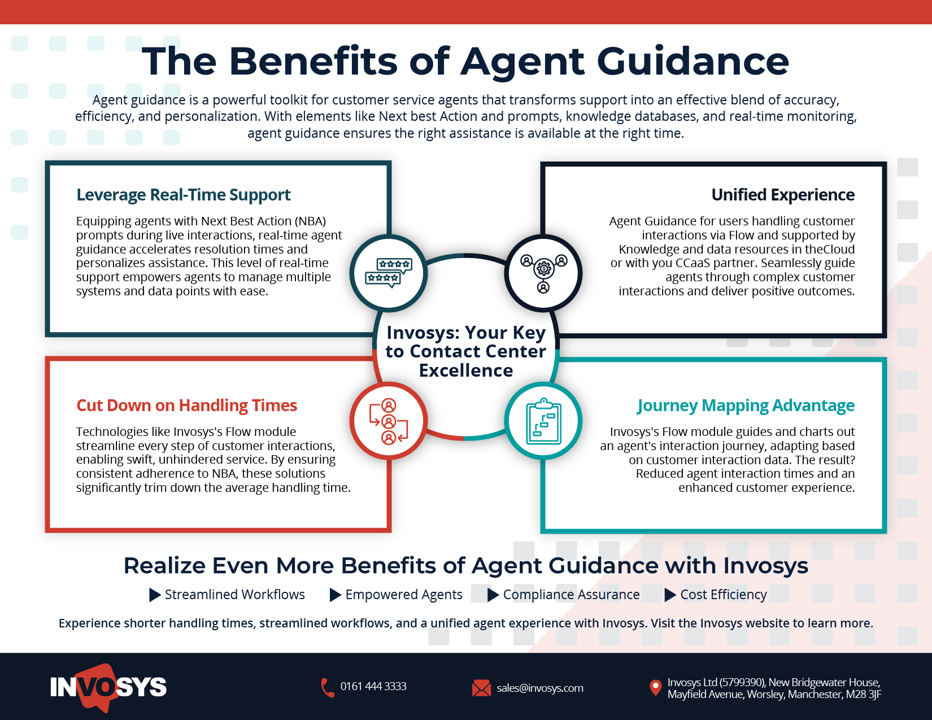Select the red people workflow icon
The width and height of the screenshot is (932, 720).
pos(389,421)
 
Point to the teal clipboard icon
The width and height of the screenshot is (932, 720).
pos(543,421)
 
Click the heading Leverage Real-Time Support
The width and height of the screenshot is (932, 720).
pos(184,195)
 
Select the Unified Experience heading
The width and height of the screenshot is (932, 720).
pos(783,195)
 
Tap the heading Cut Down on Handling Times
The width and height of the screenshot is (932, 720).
pos(186,405)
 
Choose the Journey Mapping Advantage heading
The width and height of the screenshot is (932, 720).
pos(746,405)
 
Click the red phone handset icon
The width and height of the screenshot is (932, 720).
pos(328,688)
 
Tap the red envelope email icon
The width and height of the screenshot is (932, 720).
pos(481,688)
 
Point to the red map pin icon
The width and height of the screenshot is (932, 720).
pos(655,687)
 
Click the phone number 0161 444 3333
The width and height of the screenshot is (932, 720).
pos(373,687)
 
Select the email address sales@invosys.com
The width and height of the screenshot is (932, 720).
pos(540,688)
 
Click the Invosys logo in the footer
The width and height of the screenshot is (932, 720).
pos(108,687)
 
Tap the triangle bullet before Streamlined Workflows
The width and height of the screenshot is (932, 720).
pos(155,595)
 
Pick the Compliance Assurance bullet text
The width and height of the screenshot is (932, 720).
pos(571,595)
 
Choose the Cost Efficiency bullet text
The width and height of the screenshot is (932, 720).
pos(724,595)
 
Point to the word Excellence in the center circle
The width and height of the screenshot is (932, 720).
pos(466,370)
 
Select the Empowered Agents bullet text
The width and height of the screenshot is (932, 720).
pos(404,595)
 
